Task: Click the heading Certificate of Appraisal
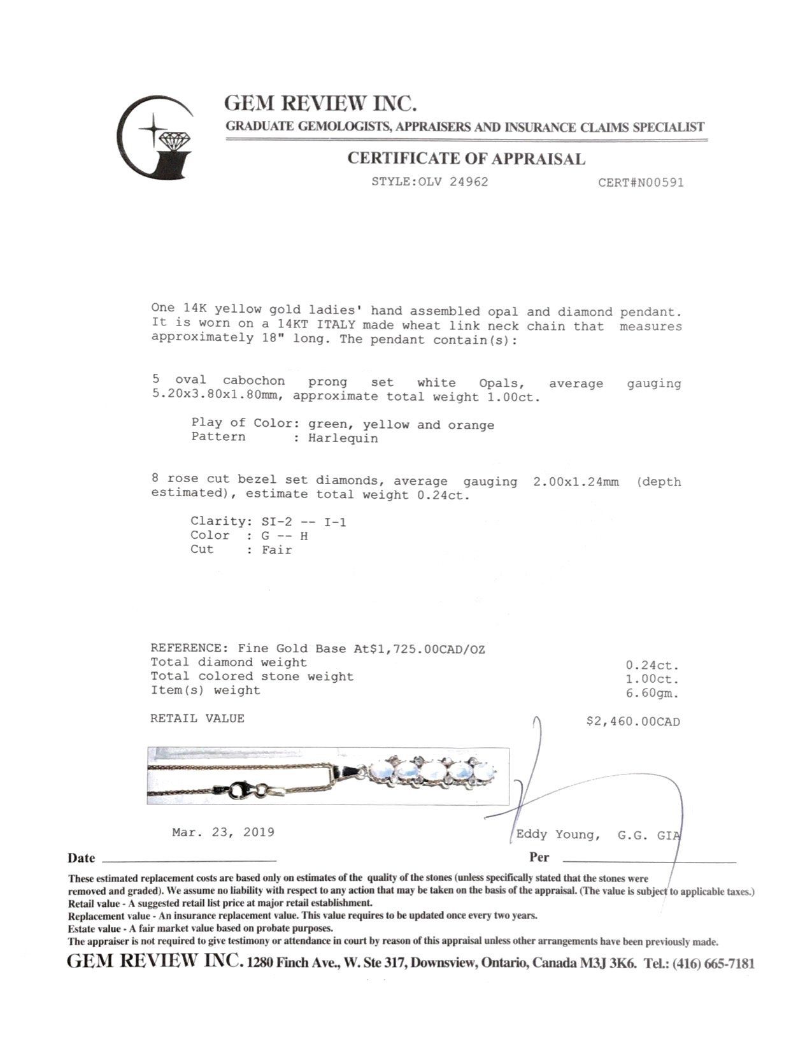(466, 159)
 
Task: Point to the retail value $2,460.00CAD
(632, 722)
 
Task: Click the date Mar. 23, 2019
(223, 832)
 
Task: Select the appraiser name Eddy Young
(557, 834)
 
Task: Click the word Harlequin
(343, 438)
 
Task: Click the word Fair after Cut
(276, 550)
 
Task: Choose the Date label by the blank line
(82, 858)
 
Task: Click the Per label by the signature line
(539, 857)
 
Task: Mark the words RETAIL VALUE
(197, 719)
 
